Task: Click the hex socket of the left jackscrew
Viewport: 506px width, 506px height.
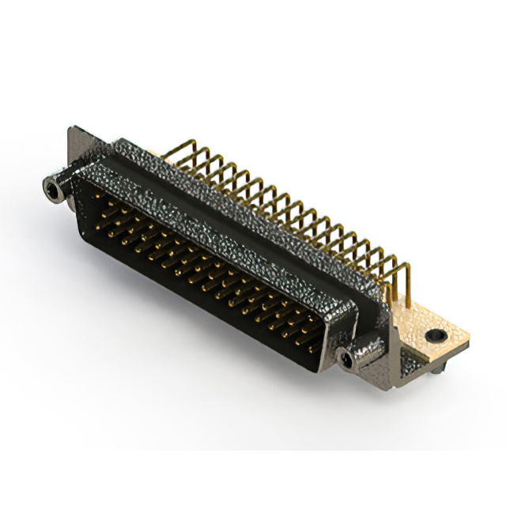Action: tap(51, 189)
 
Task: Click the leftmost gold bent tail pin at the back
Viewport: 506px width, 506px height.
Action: tap(188, 146)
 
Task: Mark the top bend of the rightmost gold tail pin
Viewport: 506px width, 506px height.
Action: tap(403, 264)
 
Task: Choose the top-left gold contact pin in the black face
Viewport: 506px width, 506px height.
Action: tap(101, 191)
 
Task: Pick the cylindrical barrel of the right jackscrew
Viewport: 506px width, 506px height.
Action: tap(356, 357)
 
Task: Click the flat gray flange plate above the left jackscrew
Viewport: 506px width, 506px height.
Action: tap(79, 150)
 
